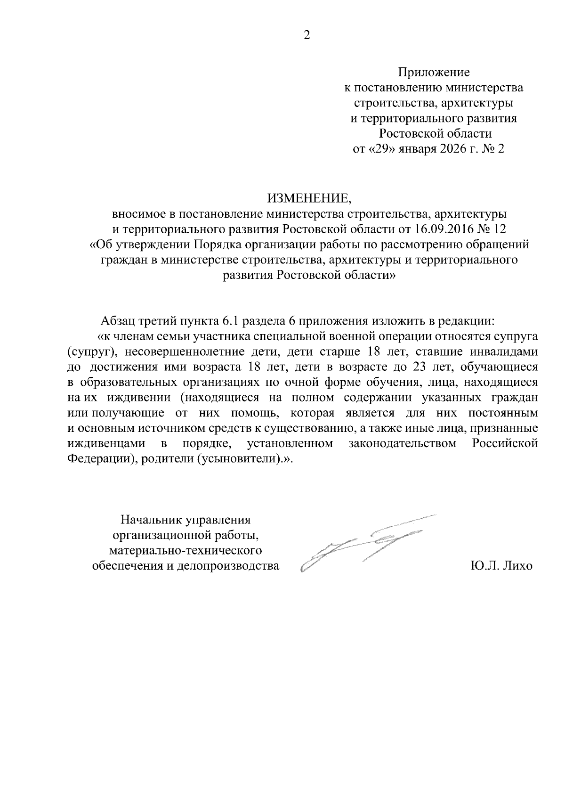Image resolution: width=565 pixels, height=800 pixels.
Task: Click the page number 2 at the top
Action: click(307, 36)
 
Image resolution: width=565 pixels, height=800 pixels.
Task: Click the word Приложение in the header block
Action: click(434, 73)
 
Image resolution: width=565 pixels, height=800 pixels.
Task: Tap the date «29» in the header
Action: click(381, 149)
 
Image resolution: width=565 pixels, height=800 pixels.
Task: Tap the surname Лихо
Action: click(516, 566)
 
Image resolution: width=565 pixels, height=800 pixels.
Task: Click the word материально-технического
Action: click(186, 550)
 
